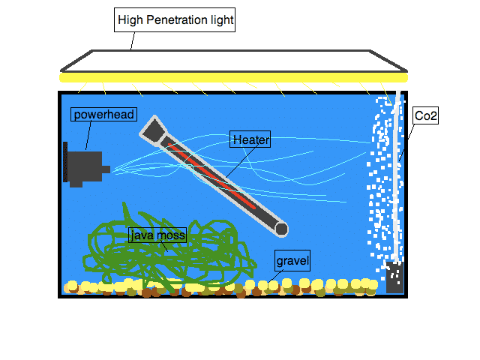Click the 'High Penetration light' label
(x=175, y=20)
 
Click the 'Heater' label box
(x=250, y=139)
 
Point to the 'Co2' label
(x=425, y=116)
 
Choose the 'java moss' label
(x=157, y=235)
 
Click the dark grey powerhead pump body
(x=85, y=169)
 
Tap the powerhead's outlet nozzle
(x=106, y=169)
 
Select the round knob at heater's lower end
(x=282, y=229)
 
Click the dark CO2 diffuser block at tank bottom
(x=394, y=278)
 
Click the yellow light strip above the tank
(x=232, y=76)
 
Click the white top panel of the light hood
(x=232, y=61)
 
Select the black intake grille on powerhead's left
(x=66, y=163)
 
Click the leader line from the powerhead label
(x=90, y=136)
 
